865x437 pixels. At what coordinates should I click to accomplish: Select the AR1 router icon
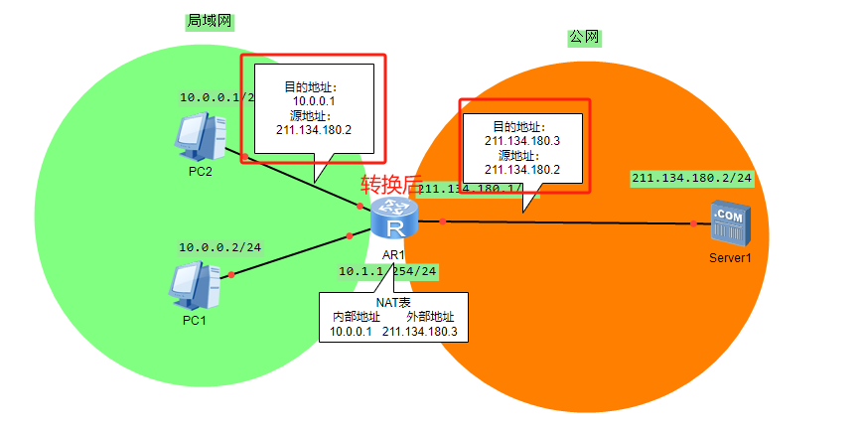(x=394, y=219)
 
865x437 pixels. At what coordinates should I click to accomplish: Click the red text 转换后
(x=389, y=185)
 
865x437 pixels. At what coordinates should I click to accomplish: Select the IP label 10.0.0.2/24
(x=218, y=247)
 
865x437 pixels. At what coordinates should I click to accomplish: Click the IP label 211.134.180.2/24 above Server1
(x=691, y=178)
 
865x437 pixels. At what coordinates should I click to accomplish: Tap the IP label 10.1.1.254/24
(x=387, y=270)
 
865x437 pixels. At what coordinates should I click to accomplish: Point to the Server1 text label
(x=730, y=257)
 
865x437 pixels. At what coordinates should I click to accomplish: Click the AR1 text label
(x=393, y=254)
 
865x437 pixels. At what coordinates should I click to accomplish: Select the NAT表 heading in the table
(x=391, y=302)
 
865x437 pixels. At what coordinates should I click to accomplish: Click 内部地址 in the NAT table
(x=355, y=317)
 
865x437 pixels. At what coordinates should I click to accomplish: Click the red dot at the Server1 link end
(x=694, y=223)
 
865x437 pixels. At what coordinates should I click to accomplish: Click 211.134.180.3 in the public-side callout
(x=522, y=141)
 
